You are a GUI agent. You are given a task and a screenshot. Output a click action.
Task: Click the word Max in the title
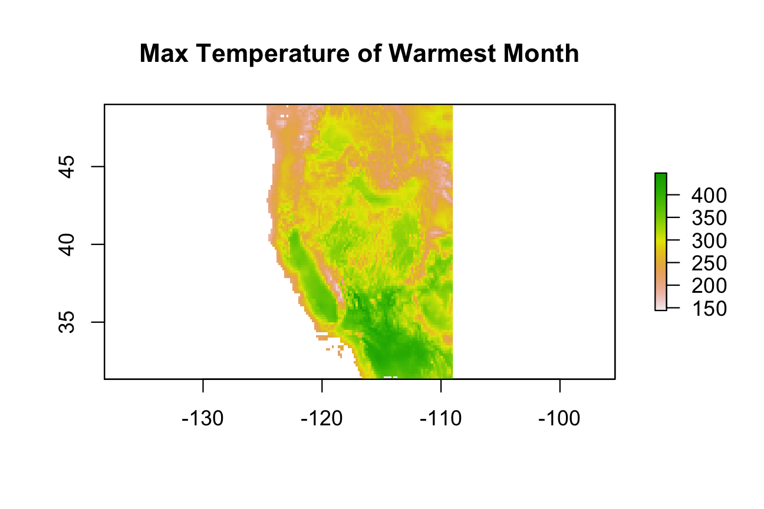164,54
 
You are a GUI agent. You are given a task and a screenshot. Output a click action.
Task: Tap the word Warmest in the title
442,54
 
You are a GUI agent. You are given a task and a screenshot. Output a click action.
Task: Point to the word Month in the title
541,54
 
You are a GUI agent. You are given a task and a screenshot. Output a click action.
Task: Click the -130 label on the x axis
203,418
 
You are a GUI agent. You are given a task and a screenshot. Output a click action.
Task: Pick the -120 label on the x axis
322,418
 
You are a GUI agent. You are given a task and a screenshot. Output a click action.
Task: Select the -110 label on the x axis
441,418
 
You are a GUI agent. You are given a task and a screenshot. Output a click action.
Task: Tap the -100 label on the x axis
559,418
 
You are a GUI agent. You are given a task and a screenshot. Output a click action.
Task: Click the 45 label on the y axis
67,167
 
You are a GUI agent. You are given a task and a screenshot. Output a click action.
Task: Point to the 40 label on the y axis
67,244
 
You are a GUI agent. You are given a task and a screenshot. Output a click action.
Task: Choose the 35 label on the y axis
67,322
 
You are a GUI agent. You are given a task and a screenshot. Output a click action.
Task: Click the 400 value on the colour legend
709,196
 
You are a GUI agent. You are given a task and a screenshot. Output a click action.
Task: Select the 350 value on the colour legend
709,218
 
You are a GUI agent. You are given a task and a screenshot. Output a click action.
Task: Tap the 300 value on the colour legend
709,241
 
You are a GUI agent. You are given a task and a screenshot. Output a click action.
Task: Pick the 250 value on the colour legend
709,263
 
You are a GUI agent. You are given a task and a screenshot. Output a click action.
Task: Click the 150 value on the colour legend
709,309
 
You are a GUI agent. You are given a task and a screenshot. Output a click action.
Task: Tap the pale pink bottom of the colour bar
661,306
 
